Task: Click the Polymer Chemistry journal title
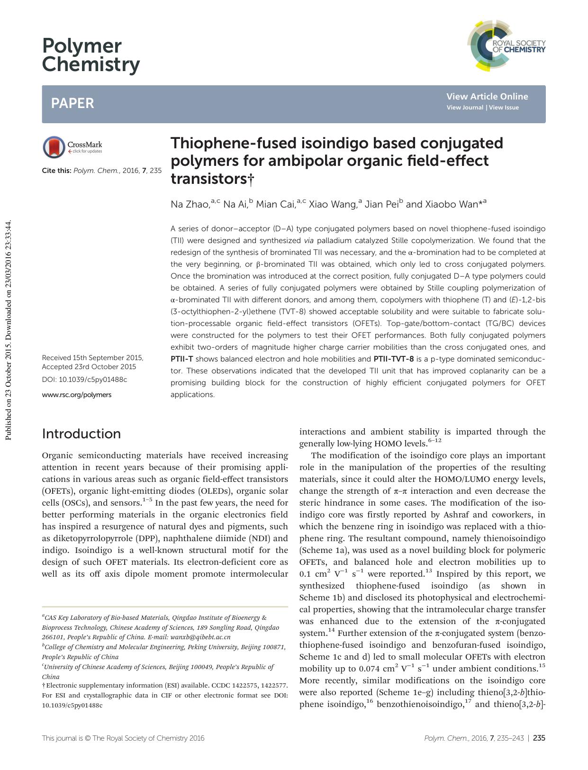(x=91, y=55)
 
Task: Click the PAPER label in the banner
(x=72, y=103)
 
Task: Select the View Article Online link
(x=487, y=96)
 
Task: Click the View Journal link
(x=465, y=108)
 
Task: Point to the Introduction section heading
(x=81, y=434)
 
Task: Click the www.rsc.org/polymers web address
(x=77, y=395)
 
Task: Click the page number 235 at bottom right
(x=539, y=738)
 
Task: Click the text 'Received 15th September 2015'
(x=92, y=358)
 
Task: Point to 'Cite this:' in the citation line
(x=57, y=170)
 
